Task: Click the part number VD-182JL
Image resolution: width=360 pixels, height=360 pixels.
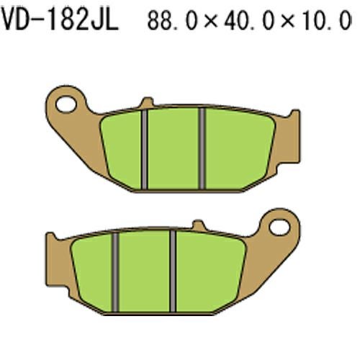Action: pyautogui.click(x=60, y=19)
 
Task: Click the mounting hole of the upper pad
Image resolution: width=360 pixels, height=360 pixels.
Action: pyautogui.click(x=66, y=104)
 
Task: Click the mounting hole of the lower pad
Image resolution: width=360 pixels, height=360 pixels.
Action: pyautogui.click(x=279, y=227)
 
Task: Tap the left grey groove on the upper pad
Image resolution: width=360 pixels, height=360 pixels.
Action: pyautogui.click(x=144, y=149)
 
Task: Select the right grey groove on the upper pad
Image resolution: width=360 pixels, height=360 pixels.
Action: pyautogui.click(x=202, y=148)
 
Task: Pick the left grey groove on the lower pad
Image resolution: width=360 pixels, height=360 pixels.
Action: pyautogui.click(x=115, y=272)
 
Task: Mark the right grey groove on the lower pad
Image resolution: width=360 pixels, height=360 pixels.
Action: pyautogui.click(x=173, y=271)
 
